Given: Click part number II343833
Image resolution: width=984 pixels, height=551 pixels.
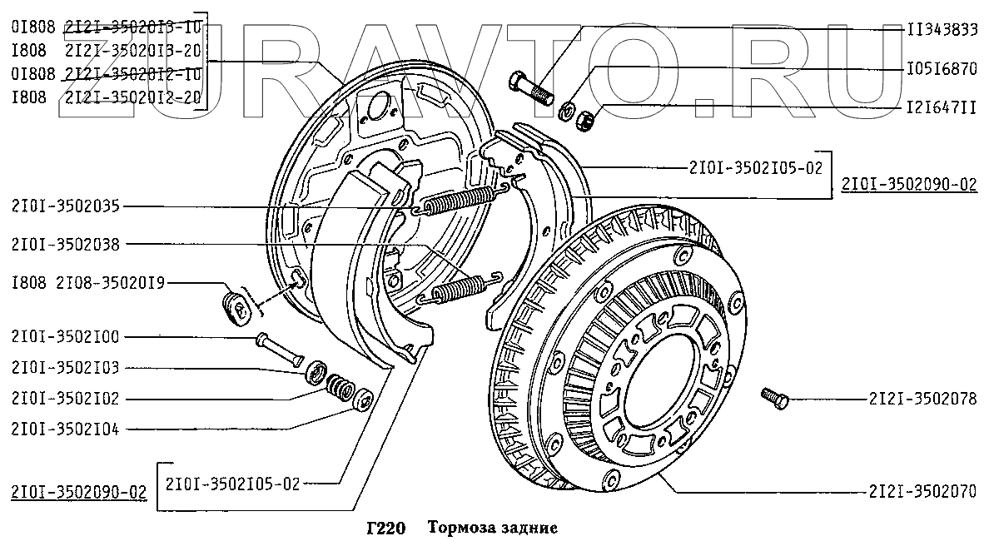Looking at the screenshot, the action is [x=941, y=28].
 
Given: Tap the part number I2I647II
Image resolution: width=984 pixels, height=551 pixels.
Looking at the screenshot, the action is [x=941, y=107].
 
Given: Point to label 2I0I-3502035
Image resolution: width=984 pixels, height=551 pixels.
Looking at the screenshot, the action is [x=66, y=206].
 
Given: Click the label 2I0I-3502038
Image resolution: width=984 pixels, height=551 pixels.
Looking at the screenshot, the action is [x=66, y=245].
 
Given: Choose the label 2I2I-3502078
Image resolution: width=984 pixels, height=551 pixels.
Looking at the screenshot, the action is [x=922, y=400].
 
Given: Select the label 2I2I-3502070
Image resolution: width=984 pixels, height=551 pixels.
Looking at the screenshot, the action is [x=922, y=491].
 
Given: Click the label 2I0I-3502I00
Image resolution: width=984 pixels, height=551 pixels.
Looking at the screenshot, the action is [x=66, y=337].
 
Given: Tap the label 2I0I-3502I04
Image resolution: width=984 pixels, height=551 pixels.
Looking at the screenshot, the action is [x=66, y=429].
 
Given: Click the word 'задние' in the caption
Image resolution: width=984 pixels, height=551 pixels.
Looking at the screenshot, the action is [x=524, y=528].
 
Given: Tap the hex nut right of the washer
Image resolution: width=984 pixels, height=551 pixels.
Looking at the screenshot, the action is [x=585, y=120].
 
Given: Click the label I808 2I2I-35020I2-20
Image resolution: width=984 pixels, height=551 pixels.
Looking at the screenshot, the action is [x=107, y=97].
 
